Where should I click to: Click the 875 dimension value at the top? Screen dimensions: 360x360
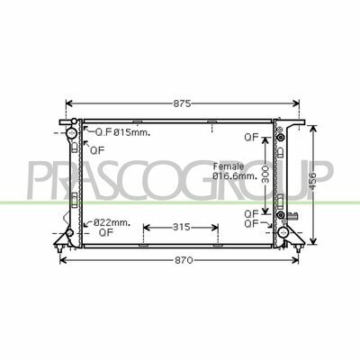pyautogui.click(x=182, y=103)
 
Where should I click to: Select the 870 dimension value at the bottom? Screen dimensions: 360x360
pyautogui.click(x=184, y=260)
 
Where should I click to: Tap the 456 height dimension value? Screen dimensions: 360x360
pyautogui.click(x=313, y=181)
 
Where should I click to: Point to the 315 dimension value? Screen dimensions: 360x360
pyautogui.click(x=181, y=227)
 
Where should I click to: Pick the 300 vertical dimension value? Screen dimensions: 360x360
pyautogui.click(x=265, y=175)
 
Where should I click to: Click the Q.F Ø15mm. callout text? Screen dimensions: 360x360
pyautogui.click(x=122, y=132)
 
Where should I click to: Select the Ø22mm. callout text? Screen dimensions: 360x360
pyautogui.click(x=112, y=222)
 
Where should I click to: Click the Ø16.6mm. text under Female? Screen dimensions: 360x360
pyautogui.click(x=235, y=176)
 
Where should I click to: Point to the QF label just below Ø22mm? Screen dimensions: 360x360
pyautogui.click(x=106, y=232)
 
